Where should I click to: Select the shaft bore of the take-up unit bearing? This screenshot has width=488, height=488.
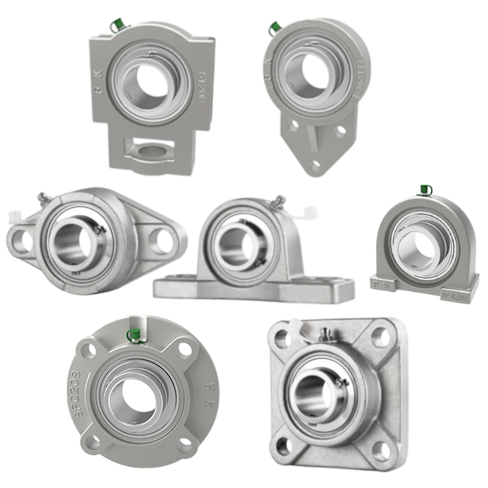click(149, 80)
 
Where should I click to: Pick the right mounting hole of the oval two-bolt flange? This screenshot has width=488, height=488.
click(162, 239)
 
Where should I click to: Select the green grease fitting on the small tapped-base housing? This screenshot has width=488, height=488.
click(425, 189)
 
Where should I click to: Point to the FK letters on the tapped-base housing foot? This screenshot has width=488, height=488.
click(385, 283)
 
